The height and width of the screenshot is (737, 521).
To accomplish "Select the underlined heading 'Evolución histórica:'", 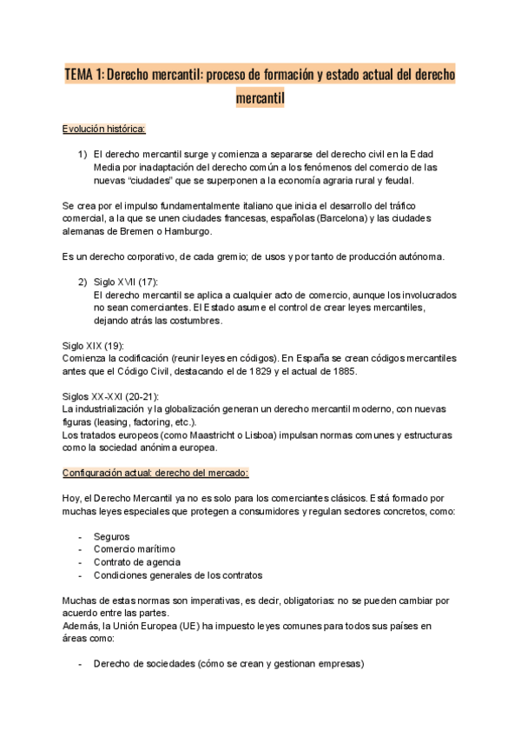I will tap(104, 129).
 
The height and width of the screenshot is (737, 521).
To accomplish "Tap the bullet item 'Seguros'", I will tap(111, 536).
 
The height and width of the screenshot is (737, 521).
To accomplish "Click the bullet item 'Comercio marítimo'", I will tap(135, 549).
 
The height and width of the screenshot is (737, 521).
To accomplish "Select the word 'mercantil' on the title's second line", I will tap(260, 98).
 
